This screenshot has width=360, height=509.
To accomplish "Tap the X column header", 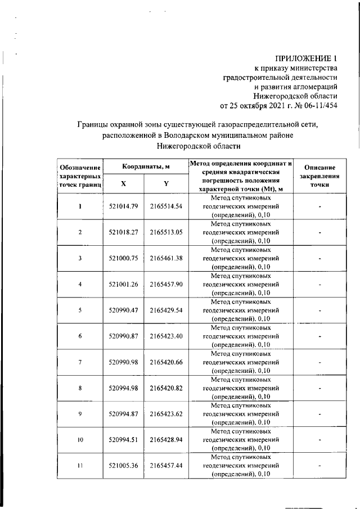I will (x=123, y=183).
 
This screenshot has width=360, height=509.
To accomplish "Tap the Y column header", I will (x=166, y=183).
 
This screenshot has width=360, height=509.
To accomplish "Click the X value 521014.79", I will (x=123, y=206).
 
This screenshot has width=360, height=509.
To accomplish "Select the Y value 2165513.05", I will (x=166, y=232).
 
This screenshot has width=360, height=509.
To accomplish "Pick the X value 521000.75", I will (x=123, y=258).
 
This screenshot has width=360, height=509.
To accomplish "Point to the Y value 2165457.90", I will (x=166, y=284).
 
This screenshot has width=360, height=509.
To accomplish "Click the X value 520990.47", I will (x=123, y=310).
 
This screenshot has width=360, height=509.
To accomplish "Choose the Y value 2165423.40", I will (x=166, y=336).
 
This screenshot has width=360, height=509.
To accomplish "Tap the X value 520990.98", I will (x=123, y=362).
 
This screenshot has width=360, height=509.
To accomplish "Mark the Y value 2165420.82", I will (x=166, y=388).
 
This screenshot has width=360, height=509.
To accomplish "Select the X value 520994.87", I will (x=123, y=413).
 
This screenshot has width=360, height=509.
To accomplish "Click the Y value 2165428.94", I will (x=166, y=440).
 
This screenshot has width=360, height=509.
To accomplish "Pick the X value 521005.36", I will (x=123, y=466).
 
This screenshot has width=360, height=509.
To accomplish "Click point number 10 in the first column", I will (x=80, y=440).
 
